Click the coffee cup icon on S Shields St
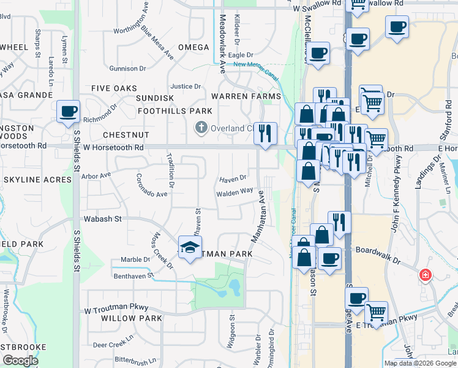point(68,112)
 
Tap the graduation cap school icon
point(190,247)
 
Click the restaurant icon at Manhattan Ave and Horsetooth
point(265,133)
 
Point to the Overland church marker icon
point(200,128)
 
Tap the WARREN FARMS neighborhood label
point(246,96)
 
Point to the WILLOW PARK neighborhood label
point(132,318)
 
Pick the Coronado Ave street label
point(151,190)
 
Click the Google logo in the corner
point(20,361)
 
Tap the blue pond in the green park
point(233,285)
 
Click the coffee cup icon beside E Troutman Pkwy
point(357,298)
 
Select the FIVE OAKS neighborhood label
point(114,89)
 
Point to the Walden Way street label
point(234,191)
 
